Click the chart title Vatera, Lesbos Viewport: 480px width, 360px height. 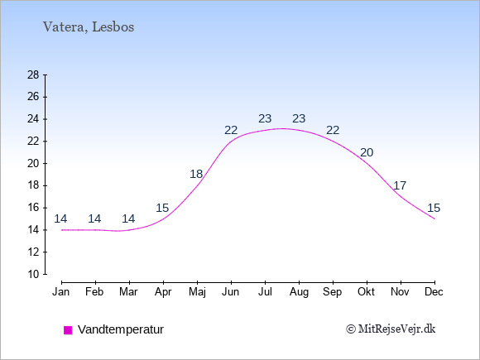click(x=89, y=27)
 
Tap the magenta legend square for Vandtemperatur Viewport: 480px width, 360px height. click(x=68, y=330)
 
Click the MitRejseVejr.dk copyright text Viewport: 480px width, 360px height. click(x=391, y=329)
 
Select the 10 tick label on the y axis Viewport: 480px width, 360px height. click(x=33, y=274)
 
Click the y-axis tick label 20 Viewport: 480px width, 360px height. click(x=33, y=164)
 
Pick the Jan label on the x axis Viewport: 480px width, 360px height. click(x=61, y=292)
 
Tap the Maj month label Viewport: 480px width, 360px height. click(x=197, y=292)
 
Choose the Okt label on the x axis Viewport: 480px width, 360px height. click(x=366, y=292)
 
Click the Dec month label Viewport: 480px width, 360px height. click(x=434, y=292)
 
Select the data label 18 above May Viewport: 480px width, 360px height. click(x=196, y=174)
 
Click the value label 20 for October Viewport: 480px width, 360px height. click(x=367, y=152)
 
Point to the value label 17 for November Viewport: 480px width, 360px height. click(x=400, y=185)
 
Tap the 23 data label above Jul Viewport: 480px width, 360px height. click(x=265, y=118)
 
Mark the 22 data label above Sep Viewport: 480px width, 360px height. click(x=333, y=131)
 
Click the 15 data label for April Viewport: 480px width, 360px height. click(x=162, y=209)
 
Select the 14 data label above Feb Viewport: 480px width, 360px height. click(x=94, y=218)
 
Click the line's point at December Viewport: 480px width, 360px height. click(x=434, y=218)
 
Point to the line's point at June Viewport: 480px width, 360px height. click(x=231, y=142)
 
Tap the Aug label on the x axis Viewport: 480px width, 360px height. click(x=299, y=292)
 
